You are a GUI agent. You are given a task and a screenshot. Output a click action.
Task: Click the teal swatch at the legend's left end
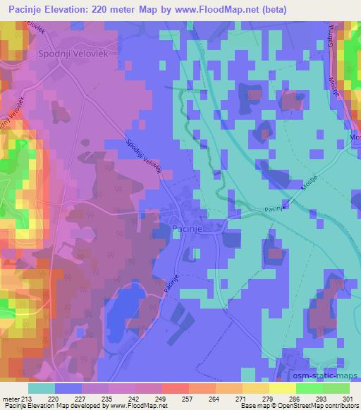point(41,388)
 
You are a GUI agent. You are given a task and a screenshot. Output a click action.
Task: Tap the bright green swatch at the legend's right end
point(336,388)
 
